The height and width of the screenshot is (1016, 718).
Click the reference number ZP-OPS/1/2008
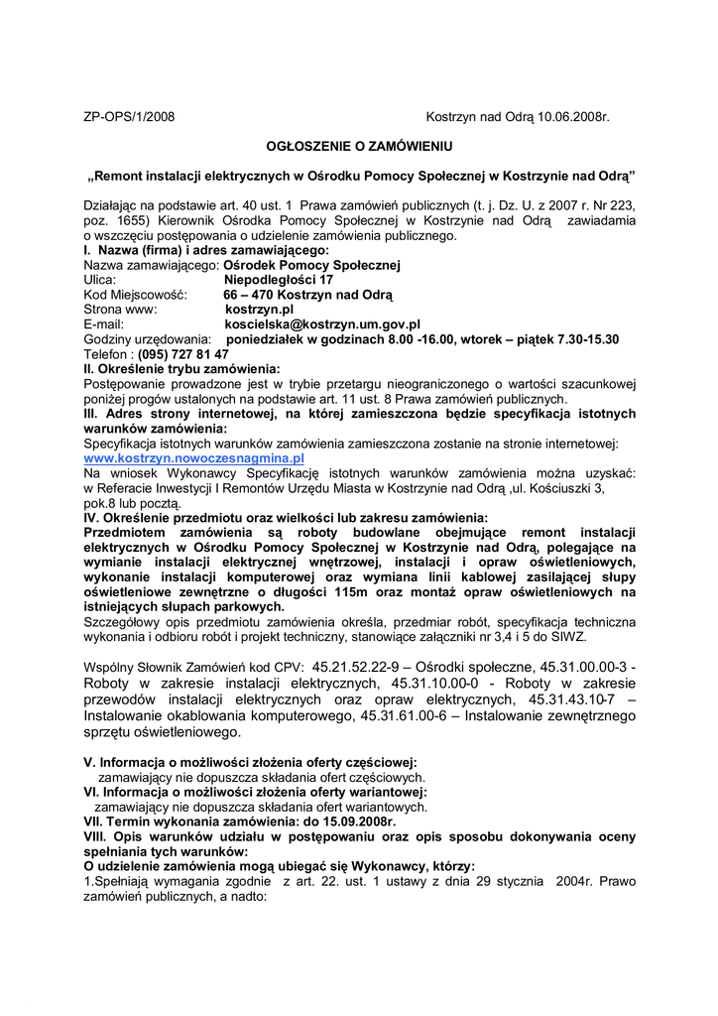coord(129,117)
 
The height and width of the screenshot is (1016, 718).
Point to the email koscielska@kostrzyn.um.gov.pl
coord(322,323)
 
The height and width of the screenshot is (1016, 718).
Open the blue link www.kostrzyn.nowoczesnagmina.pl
coord(193,459)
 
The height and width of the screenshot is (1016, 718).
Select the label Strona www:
coord(120,309)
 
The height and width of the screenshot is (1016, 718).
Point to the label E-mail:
coord(104,323)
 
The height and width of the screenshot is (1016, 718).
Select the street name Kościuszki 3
coord(580,489)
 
